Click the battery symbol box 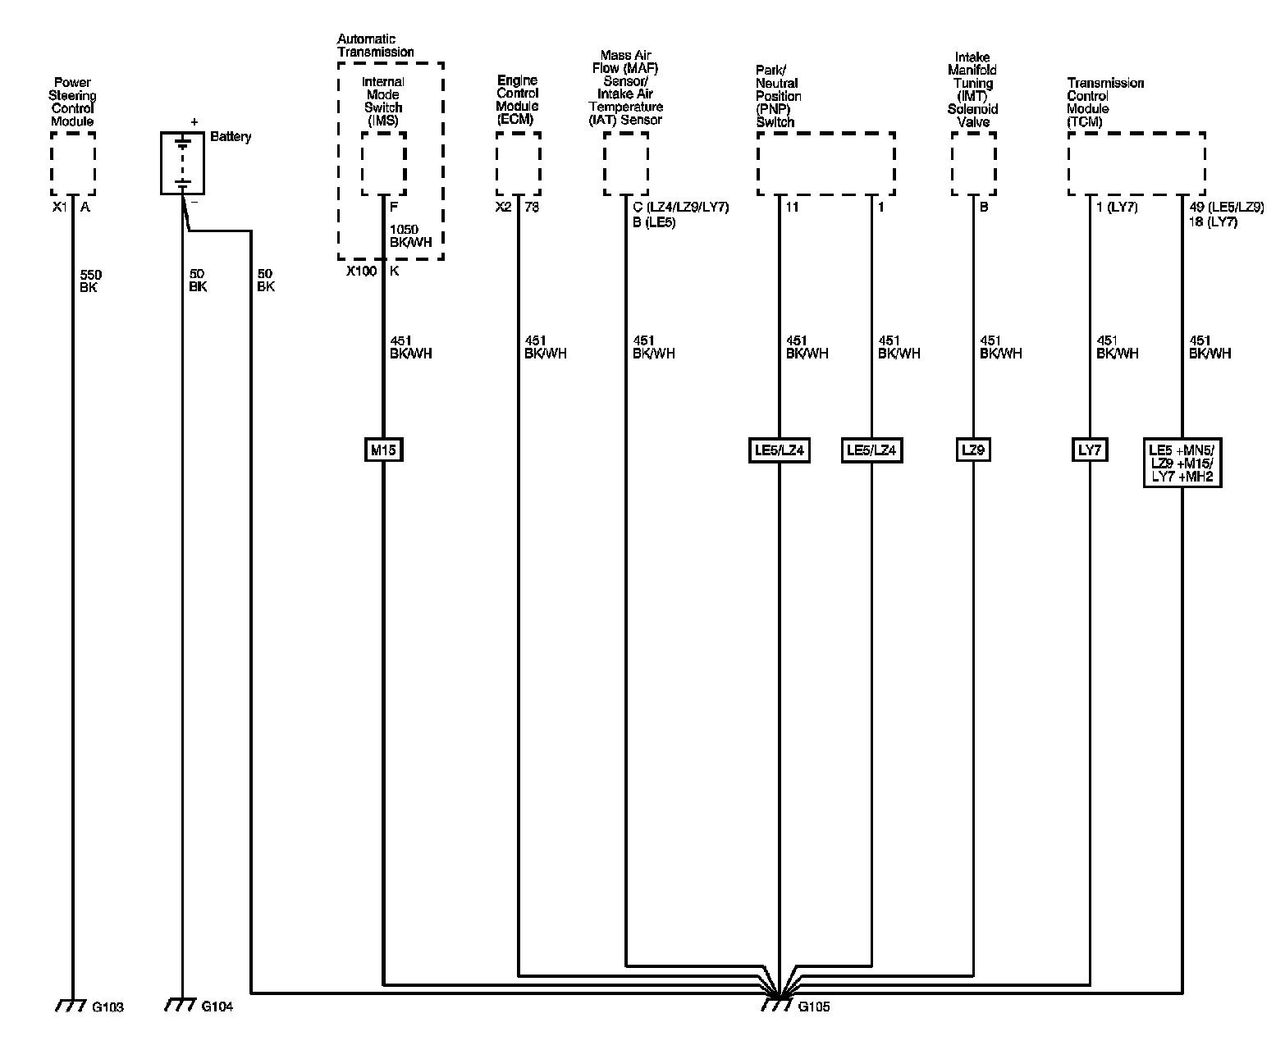pyautogui.click(x=182, y=163)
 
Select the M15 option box pyautogui.click(x=383, y=450)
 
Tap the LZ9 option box pyautogui.click(x=973, y=450)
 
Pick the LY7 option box pyautogui.click(x=1090, y=450)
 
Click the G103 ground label pyautogui.click(x=108, y=1007)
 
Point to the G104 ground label pyautogui.click(x=217, y=1007)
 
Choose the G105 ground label pyautogui.click(x=814, y=1007)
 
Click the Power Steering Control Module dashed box pyautogui.click(x=73, y=164)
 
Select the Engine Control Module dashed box pyautogui.click(x=518, y=164)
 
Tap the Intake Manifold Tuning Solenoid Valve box pyautogui.click(x=973, y=164)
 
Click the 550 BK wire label pyautogui.click(x=90, y=281)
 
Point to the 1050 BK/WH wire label pyautogui.click(x=410, y=236)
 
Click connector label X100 pyautogui.click(x=361, y=271)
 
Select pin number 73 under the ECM pyautogui.click(x=532, y=208)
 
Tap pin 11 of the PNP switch pyautogui.click(x=792, y=208)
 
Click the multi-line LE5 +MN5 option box pyautogui.click(x=1182, y=463)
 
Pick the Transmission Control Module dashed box pyautogui.click(x=1136, y=164)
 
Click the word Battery pyautogui.click(x=231, y=137)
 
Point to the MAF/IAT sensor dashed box pyautogui.click(x=626, y=164)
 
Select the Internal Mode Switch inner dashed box pyautogui.click(x=383, y=164)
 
